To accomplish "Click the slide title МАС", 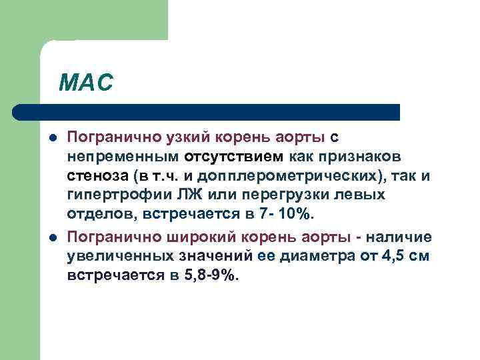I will point(86,83).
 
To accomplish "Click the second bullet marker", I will point(53,237).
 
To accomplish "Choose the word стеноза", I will point(97,177).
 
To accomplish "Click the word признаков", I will point(360,157).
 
